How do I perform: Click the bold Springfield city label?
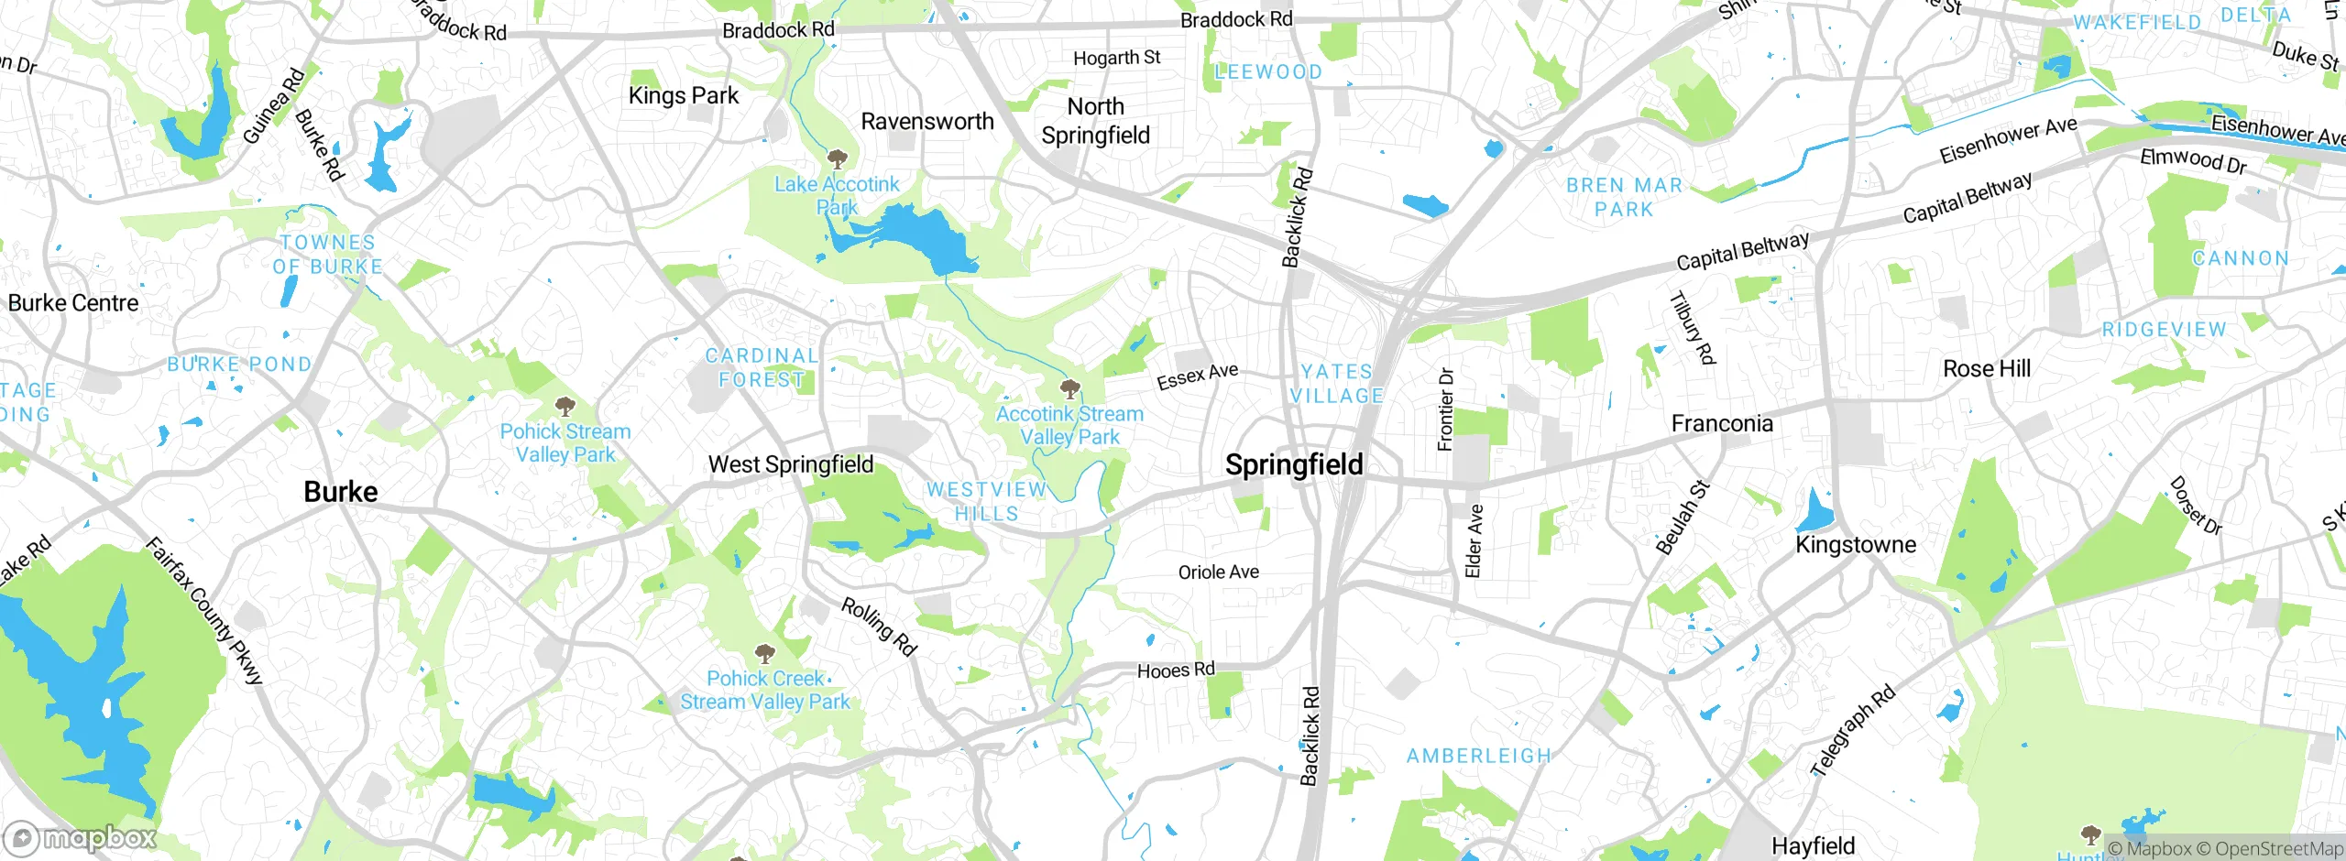coord(1294,464)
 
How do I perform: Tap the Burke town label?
coord(340,492)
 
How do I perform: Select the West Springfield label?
coord(791,464)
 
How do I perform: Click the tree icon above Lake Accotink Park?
coord(837,158)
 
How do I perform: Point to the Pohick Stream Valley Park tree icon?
coord(565,406)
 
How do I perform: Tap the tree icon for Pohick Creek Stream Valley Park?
coord(764,654)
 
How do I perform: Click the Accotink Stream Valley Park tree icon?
coord(1069,389)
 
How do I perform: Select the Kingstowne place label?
coord(1856,545)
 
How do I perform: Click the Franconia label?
coord(1722,423)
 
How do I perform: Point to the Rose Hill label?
coord(1987,369)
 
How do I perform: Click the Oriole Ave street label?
coord(1218,572)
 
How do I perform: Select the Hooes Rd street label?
coord(1176,670)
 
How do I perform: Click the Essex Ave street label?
coord(1197,376)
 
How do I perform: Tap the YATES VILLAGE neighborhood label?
coord(1336,384)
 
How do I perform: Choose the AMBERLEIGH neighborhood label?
coord(1479,757)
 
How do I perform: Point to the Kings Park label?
coord(683,95)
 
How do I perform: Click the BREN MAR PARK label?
coord(1624,197)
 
